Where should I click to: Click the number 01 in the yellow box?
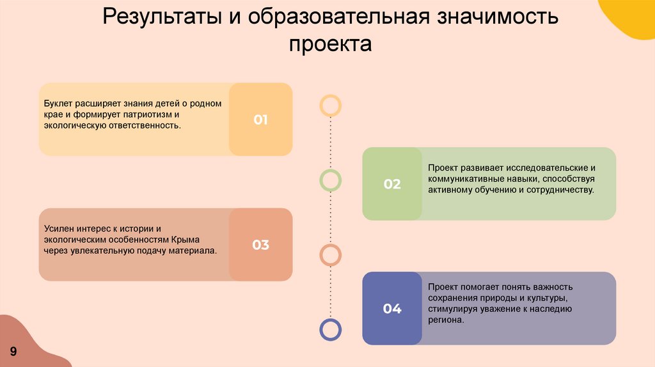pos(260,120)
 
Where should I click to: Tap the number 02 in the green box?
pos(392,184)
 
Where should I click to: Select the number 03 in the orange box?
pos(260,245)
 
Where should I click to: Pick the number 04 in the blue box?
pos(392,309)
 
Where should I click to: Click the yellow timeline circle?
pos(330,105)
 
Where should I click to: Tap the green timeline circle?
pos(330,180)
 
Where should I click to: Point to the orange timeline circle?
pos(330,255)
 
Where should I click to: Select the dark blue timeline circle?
pos(330,329)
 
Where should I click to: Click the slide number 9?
pos(13,350)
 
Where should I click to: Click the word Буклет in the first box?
pos(58,103)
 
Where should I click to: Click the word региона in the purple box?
pos(445,320)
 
